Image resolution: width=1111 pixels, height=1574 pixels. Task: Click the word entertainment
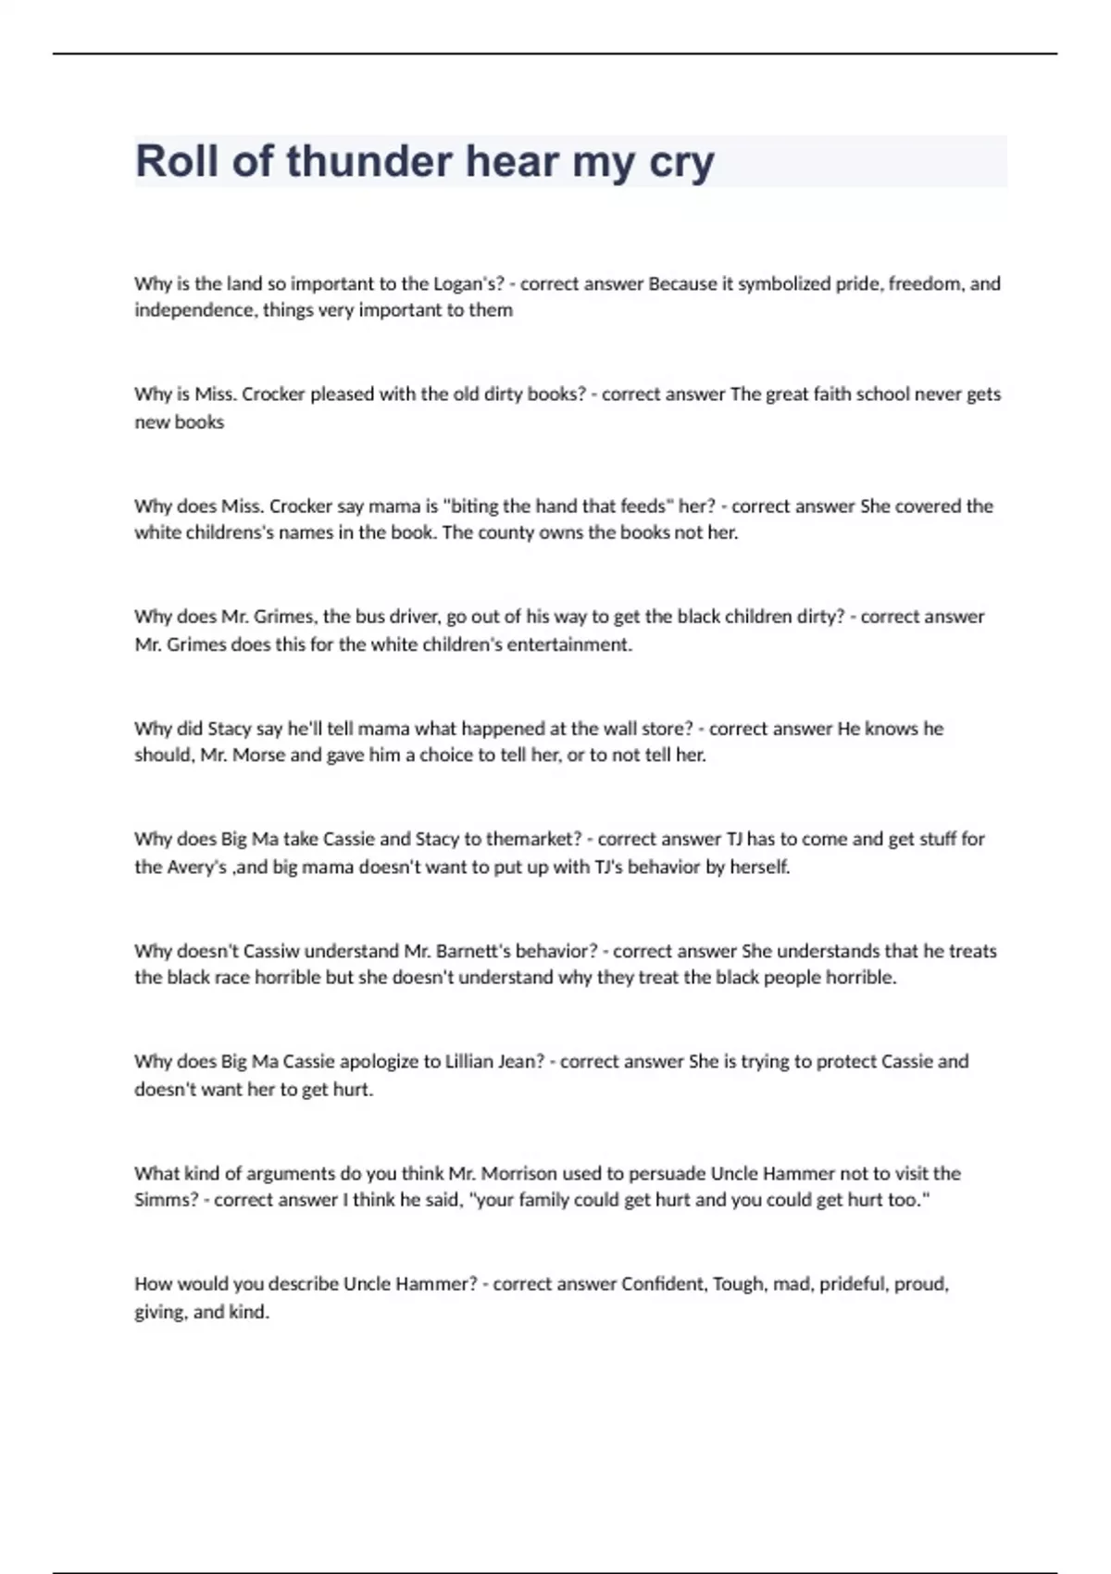pyautogui.click(x=571, y=644)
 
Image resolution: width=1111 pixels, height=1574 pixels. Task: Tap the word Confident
pyautogui.click(x=664, y=1284)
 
